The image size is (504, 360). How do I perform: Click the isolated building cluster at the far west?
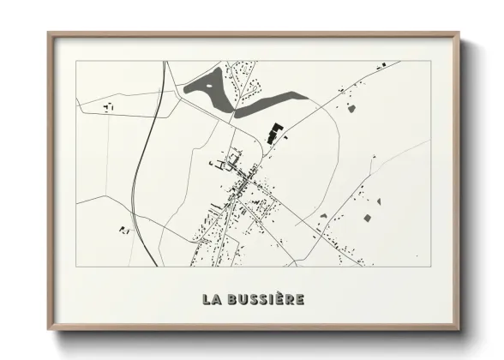point(109,108)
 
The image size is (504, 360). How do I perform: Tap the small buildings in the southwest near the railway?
point(124,229)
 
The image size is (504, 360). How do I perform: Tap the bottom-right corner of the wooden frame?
point(459,330)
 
